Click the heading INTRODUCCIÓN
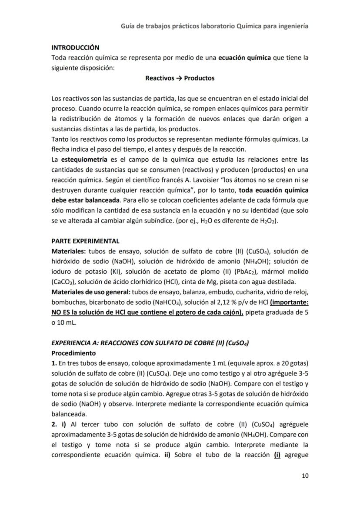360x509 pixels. coord(75,47)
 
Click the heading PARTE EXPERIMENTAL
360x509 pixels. coord(85,241)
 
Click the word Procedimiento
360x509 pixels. coord(73,353)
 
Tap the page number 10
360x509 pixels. coord(305,476)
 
